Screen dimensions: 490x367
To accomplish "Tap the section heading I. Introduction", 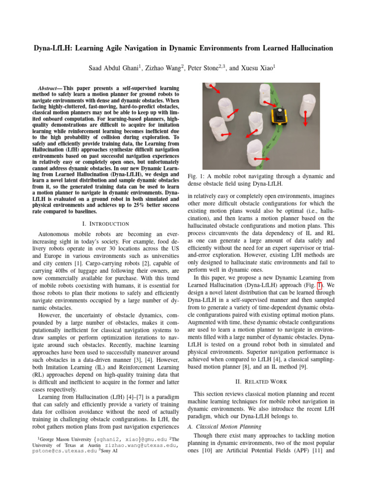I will [105, 223].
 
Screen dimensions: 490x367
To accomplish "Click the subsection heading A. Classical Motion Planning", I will [224, 426].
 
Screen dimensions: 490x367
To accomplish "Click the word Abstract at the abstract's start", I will [48, 89].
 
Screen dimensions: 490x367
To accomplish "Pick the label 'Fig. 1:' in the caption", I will [195, 176].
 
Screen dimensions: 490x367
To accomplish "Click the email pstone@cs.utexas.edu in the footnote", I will [63, 451].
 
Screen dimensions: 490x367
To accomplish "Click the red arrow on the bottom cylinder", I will [261, 158].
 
